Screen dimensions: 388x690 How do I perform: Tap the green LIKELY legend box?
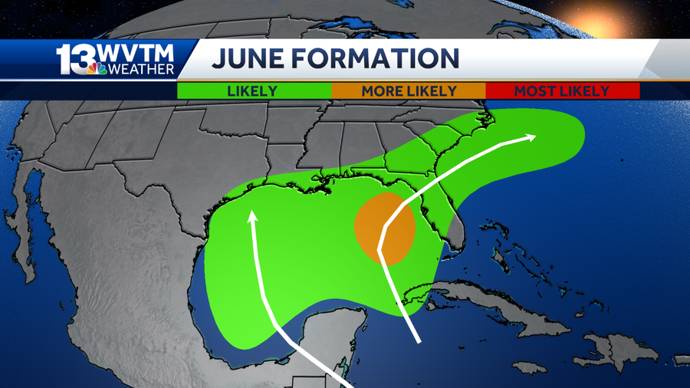click(253, 90)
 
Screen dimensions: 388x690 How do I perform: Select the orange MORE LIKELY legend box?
click(409, 90)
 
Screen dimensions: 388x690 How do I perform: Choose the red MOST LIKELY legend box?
click(562, 90)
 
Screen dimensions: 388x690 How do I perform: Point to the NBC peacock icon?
click(97, 69)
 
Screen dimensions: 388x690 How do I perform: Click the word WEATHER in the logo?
click(141, 70)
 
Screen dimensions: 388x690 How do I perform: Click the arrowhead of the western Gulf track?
click(251, 217)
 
